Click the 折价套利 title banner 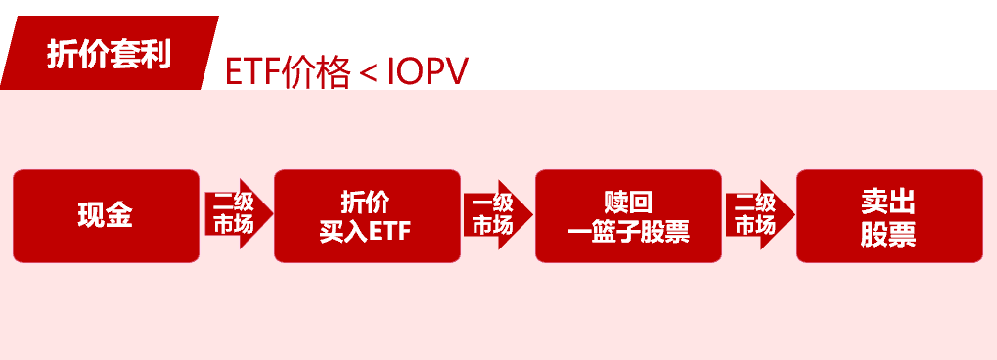109,54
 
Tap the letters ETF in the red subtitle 252,73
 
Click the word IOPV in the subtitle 428,73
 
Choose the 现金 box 106,215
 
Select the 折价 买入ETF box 367,215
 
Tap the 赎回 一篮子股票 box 628,215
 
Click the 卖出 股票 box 888,215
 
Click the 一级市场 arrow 496,214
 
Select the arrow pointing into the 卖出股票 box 758,214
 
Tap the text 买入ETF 366,231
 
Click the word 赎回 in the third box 628,202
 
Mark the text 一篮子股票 628,232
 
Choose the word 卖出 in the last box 888,202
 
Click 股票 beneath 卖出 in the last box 888,234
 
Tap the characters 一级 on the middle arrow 493,202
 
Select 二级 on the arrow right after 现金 233,202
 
